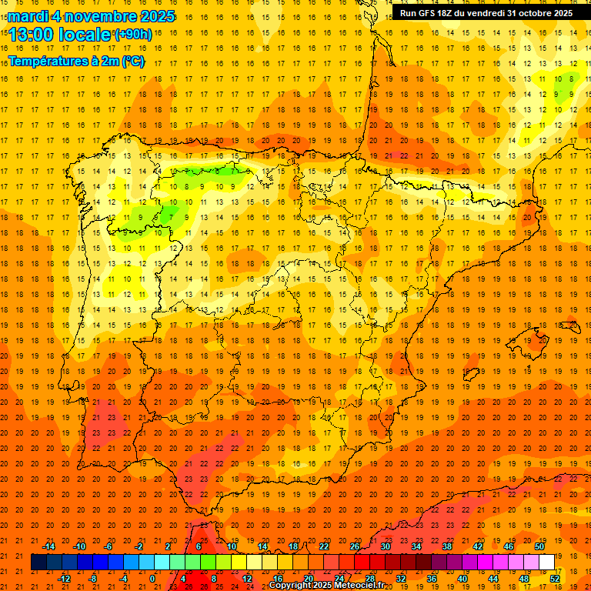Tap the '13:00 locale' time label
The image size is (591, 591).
click(61, 35)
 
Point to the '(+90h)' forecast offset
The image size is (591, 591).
click(133, 35)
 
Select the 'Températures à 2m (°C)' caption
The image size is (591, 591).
click(76, 61)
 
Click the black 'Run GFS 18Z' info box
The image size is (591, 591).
click(486, 13)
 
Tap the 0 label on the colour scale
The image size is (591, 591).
click(152, 579)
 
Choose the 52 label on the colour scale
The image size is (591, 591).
click(556, 579)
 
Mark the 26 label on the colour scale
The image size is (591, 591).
click(355, 546)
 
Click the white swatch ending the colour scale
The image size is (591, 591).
click(546, 563)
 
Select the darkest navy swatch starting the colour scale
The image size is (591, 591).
click(38, 563)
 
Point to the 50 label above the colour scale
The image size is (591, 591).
click(539, 546)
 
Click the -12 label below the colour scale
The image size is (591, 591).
click(64, 579)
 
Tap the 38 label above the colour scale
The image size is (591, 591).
click(447, 546)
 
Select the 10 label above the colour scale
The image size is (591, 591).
click(232, 546)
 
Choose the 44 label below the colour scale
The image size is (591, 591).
click(494, 579)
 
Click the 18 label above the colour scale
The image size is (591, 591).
click(293, 546)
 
